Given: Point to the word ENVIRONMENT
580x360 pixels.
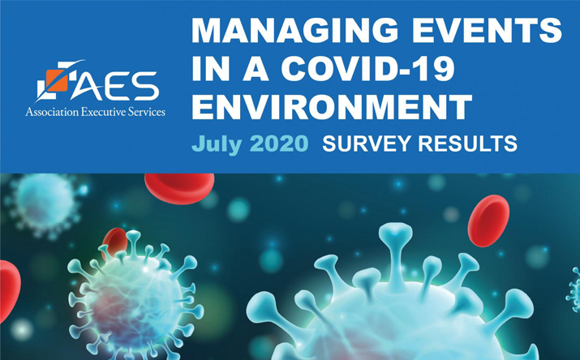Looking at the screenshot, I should (331, 107).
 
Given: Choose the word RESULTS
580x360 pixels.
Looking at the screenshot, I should (470, 145).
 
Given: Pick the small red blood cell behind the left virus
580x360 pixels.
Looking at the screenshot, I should (116, 242).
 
